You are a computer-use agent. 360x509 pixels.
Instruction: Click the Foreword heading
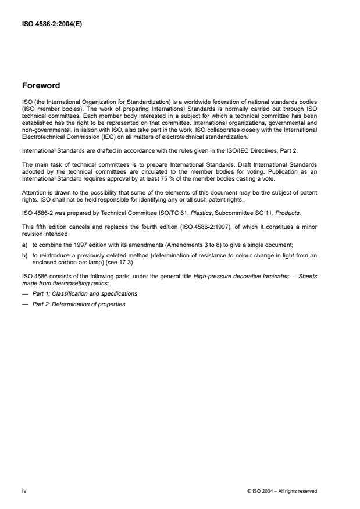point(41,85)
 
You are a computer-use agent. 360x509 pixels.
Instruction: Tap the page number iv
point(24,491)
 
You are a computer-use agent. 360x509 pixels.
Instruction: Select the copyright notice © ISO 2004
point(281,491)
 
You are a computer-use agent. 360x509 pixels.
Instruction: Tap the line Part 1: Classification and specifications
point(85,294)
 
